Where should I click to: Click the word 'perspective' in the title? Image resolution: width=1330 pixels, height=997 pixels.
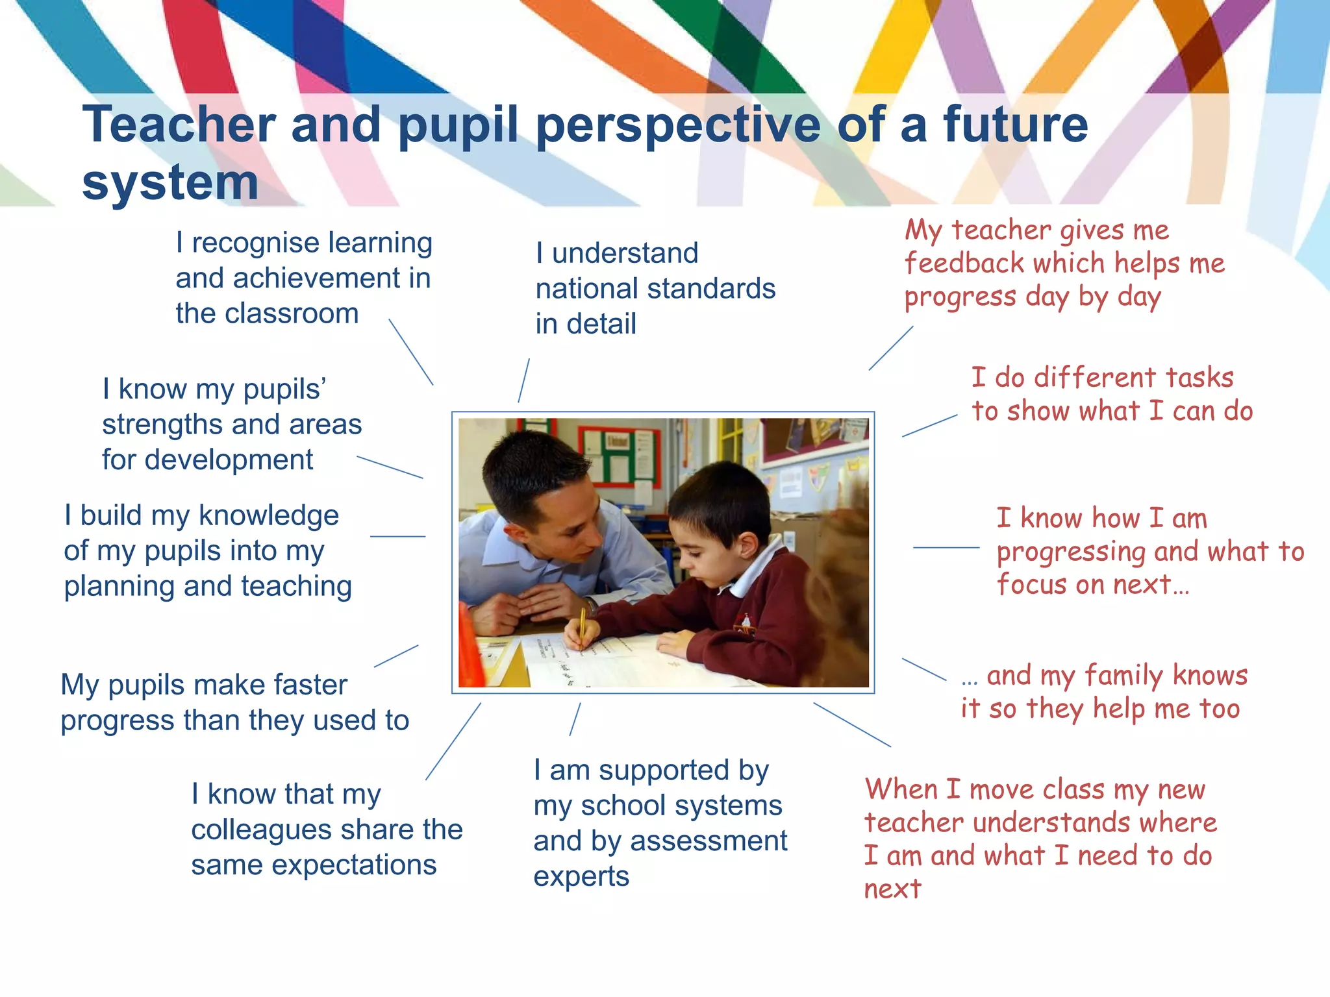click(679, 125)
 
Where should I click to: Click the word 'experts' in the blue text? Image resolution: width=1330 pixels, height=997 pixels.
click(581, 877)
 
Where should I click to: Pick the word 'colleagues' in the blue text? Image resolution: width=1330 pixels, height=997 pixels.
click(266, 830)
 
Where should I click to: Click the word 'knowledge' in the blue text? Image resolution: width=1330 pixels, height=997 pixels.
click(269, 516)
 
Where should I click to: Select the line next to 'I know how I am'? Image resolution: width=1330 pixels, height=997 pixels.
click(946, 548)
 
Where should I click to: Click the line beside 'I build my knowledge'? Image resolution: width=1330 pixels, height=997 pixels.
click(397, 537)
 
